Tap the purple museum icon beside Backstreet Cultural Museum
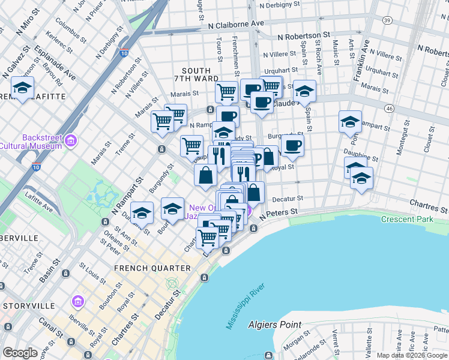pyautogui.click(x=71, y=142)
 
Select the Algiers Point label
pyautogui.click(x=275, y=325)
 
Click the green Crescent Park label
pyautogui.click(x=406, y=220)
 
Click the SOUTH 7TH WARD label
pyautogui.click(x=195, y=75)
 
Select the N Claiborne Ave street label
pyautogui.click(x=236, y=24)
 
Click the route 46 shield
pyautogui.click(x=390, y=108)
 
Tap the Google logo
pyautogui.click(x=20, y=353)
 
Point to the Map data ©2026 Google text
pyautogui.click(x=411, y=355)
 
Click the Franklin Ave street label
pyautogui.click(x=361, y=60)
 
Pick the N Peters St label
pyautogui.click(x=279, y=212)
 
